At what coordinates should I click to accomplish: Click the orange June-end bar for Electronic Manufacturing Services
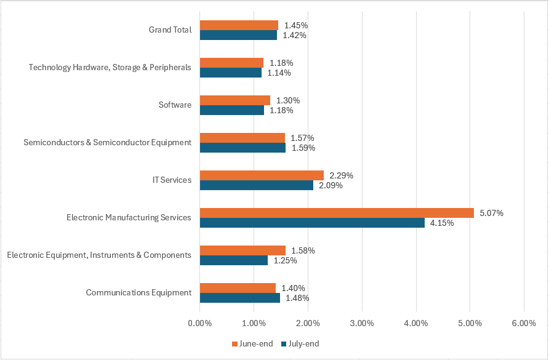coord(337,213)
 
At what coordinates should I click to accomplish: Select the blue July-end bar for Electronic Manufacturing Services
coord(312,223)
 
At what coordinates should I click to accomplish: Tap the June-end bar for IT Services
coord(262,175)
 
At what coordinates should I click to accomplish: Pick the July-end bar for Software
coord(232,110)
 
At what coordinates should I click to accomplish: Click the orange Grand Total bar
coord(239,25)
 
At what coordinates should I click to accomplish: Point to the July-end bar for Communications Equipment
coord(240,298)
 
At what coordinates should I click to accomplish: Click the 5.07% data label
coord(492,214)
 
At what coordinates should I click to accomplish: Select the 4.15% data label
coord(442,223)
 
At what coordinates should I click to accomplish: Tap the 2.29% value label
coord(341,175)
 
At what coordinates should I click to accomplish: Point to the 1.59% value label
coord(303,148)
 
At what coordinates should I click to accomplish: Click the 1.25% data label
coord(285,260)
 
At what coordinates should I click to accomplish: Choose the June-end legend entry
coord(252,343)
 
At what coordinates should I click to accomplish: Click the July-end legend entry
coord(300,343)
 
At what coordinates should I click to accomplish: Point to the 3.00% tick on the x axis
coord(362,323)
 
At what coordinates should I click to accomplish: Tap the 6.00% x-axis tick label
coord(524,323)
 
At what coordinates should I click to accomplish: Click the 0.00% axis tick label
coord(199,323)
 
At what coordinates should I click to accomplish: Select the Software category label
coord(175,105)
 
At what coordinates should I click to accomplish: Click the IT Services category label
coord(172,180)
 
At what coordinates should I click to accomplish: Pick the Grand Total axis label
coord(170,30)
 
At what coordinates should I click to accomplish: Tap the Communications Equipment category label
coord(138,292)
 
